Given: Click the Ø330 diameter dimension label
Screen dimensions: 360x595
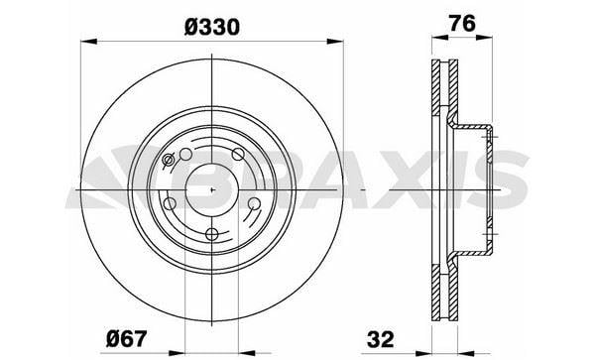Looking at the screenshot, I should click(x=211, y=27).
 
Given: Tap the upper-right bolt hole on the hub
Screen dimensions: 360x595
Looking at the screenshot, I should click(x=238, y=153).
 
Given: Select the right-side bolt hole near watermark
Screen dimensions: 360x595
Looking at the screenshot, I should click(x=254, y=204).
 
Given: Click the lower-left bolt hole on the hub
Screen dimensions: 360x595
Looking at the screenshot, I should click(x=172, y=203).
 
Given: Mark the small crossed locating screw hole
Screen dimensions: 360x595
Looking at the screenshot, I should click(x=167, y=162).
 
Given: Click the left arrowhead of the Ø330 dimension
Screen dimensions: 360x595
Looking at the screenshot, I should click(x=85, y=42).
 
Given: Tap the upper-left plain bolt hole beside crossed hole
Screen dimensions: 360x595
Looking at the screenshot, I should click(x=184, y=153).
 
